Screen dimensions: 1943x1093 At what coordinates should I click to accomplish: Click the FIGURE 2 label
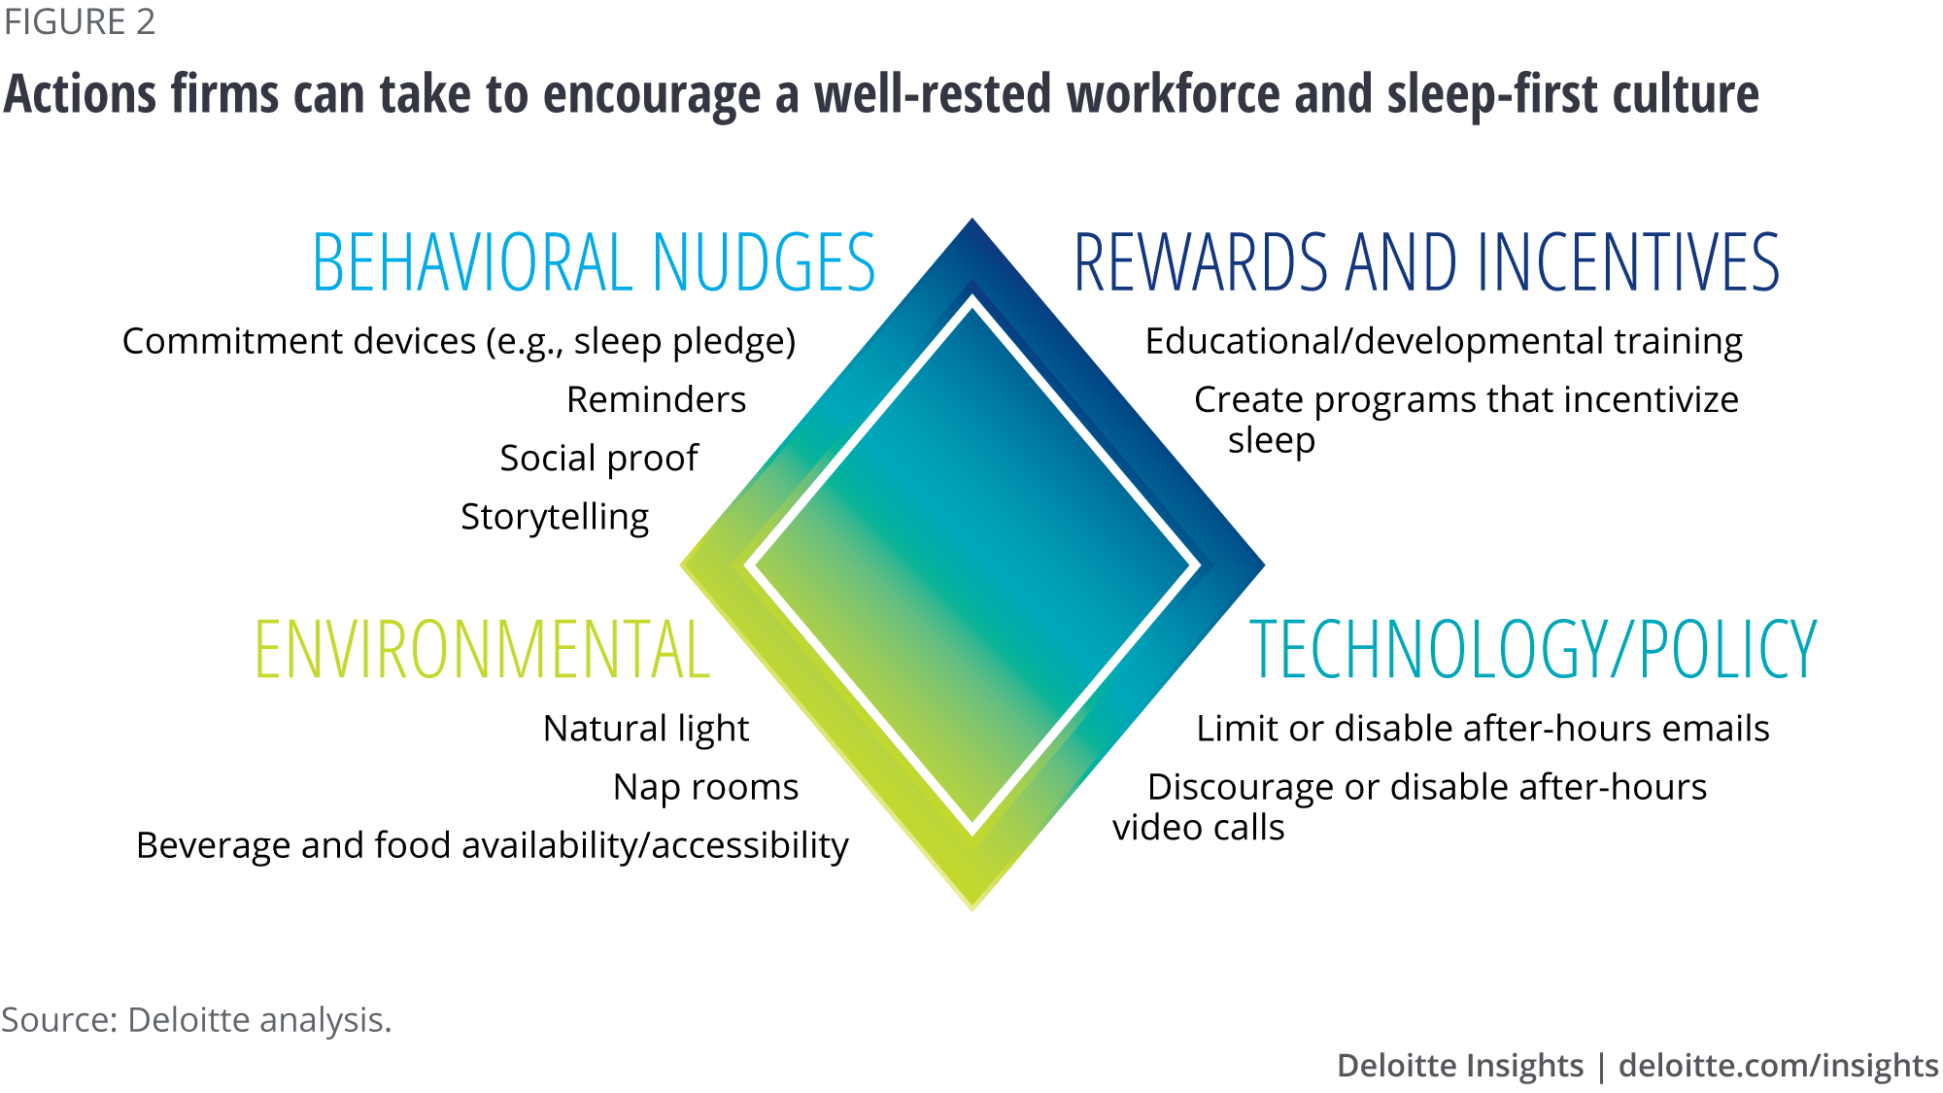click(80, 21)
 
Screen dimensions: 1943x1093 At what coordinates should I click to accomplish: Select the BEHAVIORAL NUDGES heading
click(594, 262)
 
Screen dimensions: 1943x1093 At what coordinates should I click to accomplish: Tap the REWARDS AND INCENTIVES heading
click(1426, 262)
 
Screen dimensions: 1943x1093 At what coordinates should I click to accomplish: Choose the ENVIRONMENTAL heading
click(482, 649)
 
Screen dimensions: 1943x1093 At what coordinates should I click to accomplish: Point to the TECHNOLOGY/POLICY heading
click(1533, 649)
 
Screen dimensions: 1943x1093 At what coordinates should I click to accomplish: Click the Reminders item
click(657, 399)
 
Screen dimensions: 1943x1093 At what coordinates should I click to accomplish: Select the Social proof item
click(598, 459)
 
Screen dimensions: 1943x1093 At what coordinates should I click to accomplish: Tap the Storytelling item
click(555, 517)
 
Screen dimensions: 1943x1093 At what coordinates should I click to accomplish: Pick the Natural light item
click(646, 729)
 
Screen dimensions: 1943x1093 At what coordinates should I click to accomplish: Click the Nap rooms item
click(705, 787)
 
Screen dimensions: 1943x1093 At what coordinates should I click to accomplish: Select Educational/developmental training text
click(1444, 342)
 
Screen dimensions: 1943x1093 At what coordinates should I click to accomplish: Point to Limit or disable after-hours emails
click(1483, 729)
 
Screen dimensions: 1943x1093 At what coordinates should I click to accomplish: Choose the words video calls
click(1199, 828)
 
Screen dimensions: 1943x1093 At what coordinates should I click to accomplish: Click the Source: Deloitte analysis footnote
click(196, 1020)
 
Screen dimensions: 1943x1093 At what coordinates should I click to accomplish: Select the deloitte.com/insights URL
click(1778, 1066)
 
